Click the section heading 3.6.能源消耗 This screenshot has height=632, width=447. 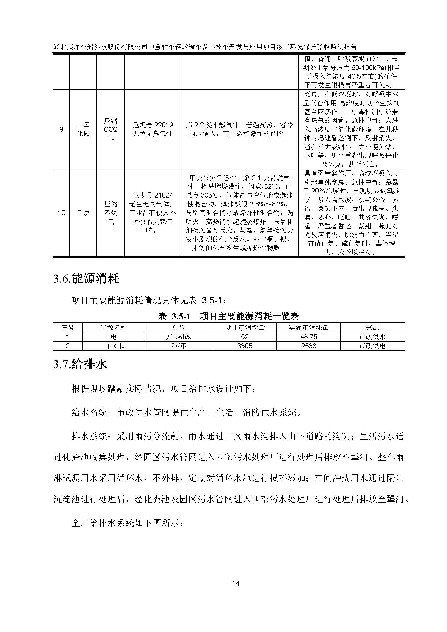[x=86, y=279]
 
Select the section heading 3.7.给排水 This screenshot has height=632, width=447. [x=80, y=364]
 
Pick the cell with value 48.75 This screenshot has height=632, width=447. [x=309, y=337]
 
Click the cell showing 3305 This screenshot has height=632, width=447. [x=244, y=346]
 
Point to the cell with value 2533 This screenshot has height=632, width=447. [x=309, y=346]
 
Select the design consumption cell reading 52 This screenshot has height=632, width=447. [x=244, y=337]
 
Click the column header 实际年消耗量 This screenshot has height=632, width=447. [x=309, y=327]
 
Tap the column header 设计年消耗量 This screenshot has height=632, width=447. [x=244, y=327]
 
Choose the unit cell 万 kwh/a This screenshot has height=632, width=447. [x=179, y=337]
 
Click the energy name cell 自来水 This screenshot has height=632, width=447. [x=114, y=346]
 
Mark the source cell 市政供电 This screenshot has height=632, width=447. [x=372, y=346]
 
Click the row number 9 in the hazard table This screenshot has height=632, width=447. [x=61, y=129]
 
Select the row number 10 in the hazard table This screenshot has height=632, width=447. [x=61, y=212]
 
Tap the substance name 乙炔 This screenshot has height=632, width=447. [x=83, y=212]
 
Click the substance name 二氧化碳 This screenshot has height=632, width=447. [x=83, y=129]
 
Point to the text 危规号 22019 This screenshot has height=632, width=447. [x=153, y=125]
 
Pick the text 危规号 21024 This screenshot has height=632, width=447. [x=153, y=195]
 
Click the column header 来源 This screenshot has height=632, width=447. [x=372, y=327]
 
